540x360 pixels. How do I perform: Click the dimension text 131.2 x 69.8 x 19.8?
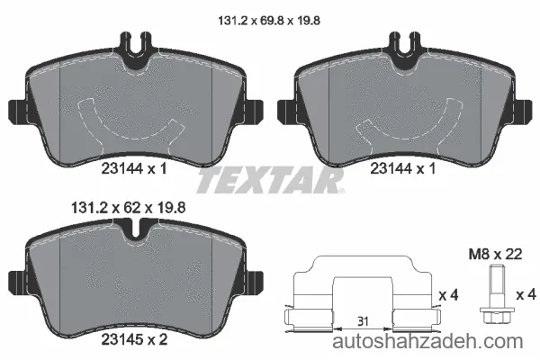point(269,21)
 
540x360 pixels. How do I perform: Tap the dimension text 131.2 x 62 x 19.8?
point(129,208)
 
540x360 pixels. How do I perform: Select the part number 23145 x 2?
point(134,339)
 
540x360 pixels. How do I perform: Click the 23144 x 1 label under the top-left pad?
point(134,169)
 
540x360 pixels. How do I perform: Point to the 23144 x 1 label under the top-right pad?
point(403,169)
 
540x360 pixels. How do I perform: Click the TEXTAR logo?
point(270,180)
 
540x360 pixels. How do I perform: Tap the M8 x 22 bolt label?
point(495,254)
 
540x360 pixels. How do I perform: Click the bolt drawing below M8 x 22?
point(494,293)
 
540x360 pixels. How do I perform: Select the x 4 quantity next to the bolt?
point(526,295)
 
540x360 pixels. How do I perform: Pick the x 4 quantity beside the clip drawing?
point(449,295)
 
